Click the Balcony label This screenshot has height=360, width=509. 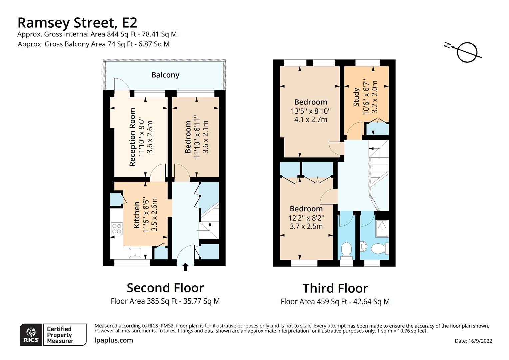(165, 75)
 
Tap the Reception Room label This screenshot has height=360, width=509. (132, 137)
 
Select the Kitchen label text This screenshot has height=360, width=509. (137, 215)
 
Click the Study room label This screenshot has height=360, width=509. (356, 97)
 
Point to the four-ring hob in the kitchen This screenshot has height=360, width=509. (117, 228)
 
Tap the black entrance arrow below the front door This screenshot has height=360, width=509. (186, 267)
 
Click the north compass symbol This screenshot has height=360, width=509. (467, 52)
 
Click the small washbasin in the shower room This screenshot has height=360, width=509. (363, 246)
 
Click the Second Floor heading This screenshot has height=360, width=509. (165, 288)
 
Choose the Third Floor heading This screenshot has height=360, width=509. (335, 288)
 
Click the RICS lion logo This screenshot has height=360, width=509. (31, 333)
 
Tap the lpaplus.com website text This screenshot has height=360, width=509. (114, 340)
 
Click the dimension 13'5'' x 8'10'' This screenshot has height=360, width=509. (311, 111)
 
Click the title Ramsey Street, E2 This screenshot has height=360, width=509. (77, 23)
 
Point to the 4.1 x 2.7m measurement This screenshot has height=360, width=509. (311, 119)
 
